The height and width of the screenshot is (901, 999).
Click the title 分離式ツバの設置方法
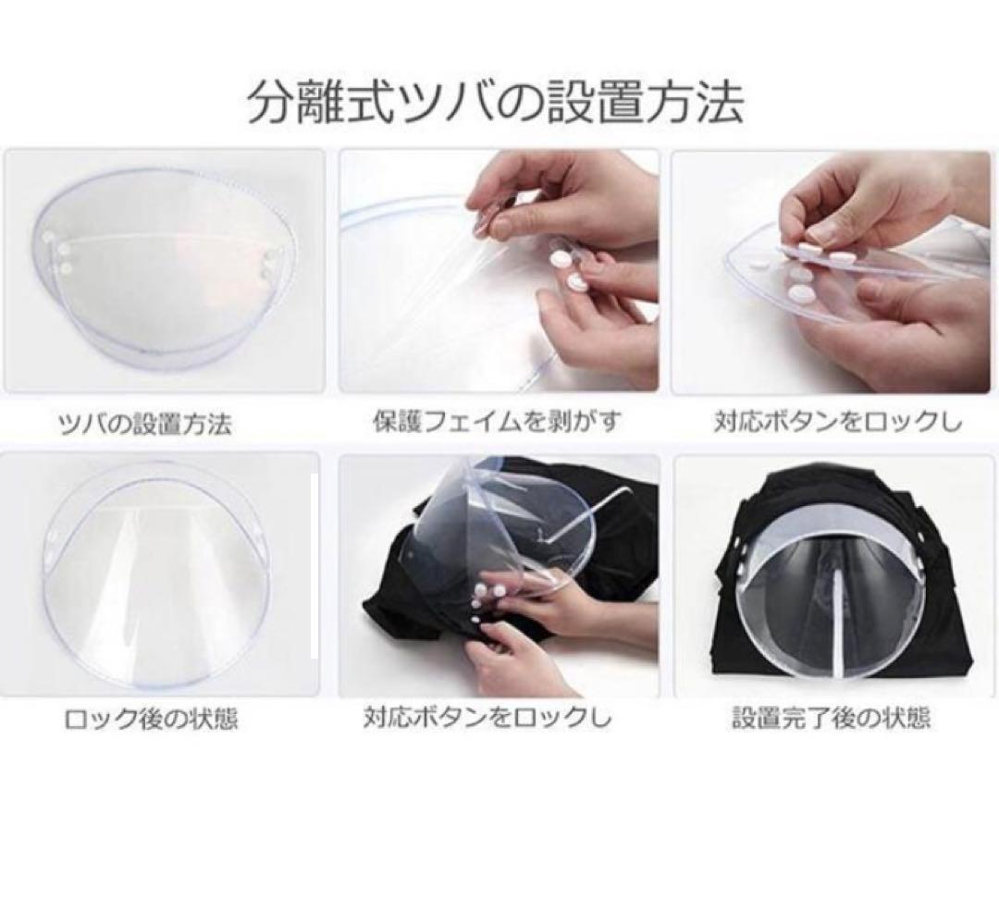click(x=495, y=102)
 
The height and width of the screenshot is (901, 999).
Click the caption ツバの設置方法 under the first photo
click(x=144, y=424)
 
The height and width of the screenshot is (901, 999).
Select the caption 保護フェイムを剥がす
click(x=497, y=421)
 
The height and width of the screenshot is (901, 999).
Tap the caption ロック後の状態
click(x=152, y=720)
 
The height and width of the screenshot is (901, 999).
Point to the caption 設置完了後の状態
click(x=832, y=718)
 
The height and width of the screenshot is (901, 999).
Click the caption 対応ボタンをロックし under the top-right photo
click(x=837, y=423)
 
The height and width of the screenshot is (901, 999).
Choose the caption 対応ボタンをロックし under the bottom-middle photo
click(x=487, y=718)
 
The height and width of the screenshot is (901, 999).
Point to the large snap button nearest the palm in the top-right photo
click(x=800, y=293)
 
